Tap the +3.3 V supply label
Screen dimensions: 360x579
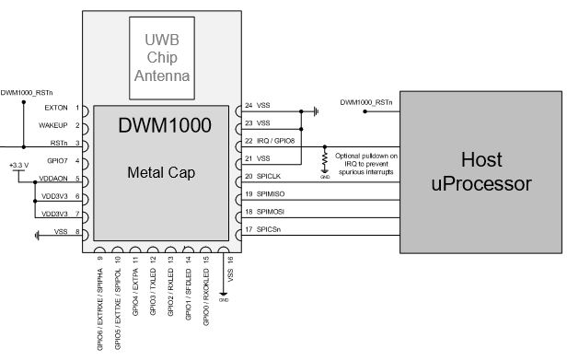tap(18, 165)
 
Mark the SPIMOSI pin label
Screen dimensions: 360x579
tap(272, 212)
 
